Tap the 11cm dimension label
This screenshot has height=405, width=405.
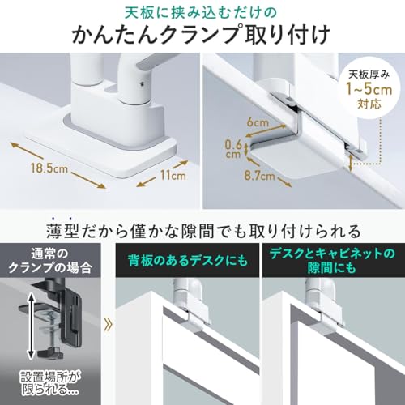173,176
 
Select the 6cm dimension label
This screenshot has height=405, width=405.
258,122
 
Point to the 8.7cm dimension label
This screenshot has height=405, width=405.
259,176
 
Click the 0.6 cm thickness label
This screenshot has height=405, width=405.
233,149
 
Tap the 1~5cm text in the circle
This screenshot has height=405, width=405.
369,89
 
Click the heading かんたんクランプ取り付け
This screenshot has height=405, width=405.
201,34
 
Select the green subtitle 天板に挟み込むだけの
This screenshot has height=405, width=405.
201,13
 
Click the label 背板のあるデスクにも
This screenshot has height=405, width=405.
188,261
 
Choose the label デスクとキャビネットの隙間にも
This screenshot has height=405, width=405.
332,261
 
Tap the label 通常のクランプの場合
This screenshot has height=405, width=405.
50,261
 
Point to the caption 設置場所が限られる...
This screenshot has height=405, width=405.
50,383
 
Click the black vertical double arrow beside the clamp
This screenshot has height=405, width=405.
32,326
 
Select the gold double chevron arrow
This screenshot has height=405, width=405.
108,325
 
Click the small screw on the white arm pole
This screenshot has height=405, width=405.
141,85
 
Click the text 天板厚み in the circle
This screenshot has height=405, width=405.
369,75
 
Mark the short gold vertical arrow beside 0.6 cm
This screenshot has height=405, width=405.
246,149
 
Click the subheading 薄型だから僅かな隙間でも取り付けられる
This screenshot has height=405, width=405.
203,231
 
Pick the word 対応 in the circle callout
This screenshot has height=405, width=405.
369,104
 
